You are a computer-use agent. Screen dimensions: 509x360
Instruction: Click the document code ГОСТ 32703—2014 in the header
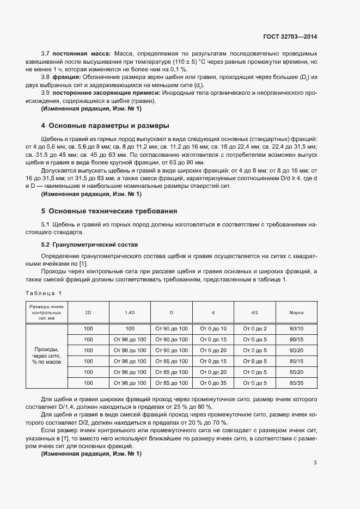(x=289, y=36)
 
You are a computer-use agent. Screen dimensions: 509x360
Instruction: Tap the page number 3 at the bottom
(x=315, y=463)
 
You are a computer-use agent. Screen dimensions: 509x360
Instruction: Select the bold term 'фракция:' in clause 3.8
(x=68, y=77)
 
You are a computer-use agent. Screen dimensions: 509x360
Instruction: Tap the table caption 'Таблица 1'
(x=44, y=293)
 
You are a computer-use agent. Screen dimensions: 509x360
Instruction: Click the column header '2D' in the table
(x=88, y=313)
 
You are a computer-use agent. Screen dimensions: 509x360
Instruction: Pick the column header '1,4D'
(x=130, y=313)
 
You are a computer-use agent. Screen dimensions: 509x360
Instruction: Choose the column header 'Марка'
(x=297, y=313)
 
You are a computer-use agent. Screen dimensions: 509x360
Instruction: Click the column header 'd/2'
(x=255, y=313)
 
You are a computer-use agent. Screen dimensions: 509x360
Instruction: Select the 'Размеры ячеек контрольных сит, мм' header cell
(x=47, y=313)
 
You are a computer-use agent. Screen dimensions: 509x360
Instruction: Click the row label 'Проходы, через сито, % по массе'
(x=47, y=355)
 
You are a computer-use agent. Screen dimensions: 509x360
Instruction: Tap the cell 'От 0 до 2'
(x=255, y=329)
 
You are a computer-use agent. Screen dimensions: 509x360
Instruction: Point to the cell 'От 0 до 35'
(x=213, y=383)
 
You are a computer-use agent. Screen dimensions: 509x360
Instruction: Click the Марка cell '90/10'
(x=297, y=329)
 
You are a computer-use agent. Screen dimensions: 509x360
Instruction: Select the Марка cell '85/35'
(x=297, y=383)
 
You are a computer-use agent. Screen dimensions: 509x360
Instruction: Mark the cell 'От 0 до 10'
(x=213, y=329)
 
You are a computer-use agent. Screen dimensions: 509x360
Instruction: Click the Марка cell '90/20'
(x=297, y=351)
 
